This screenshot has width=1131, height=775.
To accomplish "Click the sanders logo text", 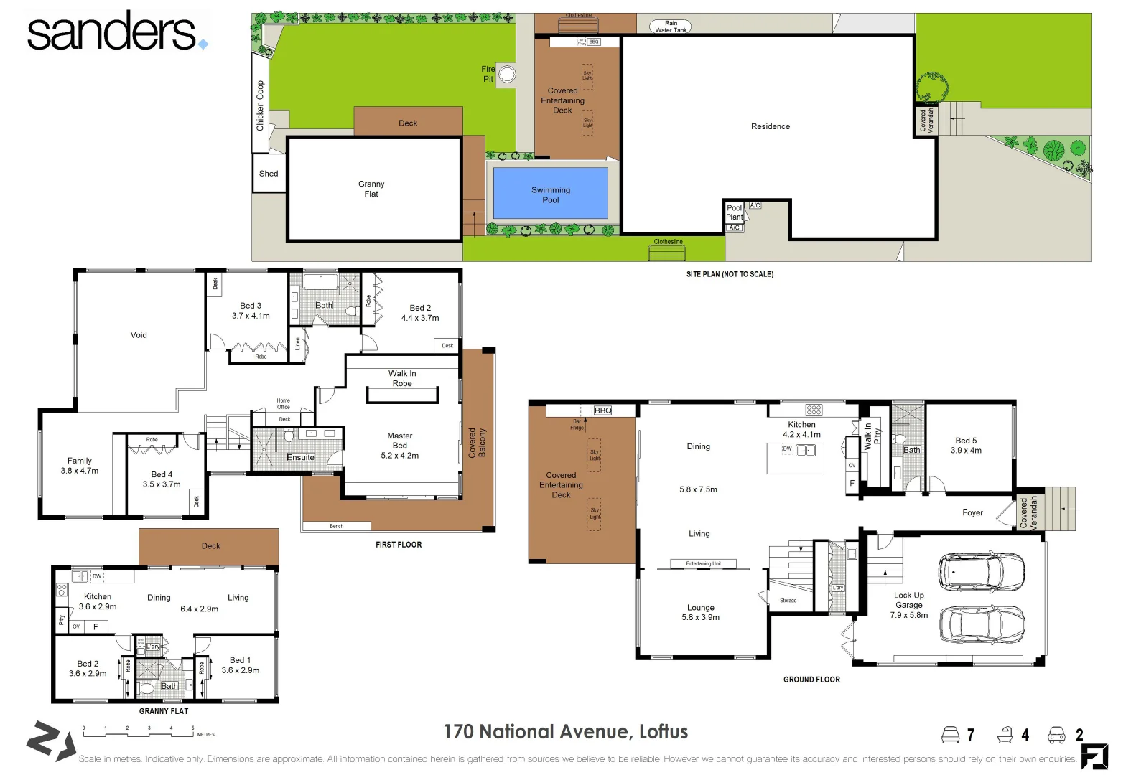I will coord(111,32).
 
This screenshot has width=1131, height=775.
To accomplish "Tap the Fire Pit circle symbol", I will coord(507,74).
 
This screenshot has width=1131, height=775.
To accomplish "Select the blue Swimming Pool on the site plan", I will coord(551,194).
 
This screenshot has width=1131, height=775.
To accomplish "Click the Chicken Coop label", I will coord(260,105).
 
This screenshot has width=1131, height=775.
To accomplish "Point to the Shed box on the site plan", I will coord(269,174).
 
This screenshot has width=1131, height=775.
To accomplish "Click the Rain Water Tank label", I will coord(671,27).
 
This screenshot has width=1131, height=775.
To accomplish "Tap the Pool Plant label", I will coord(734,212).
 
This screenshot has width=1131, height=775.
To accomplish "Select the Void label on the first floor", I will coord(139,335).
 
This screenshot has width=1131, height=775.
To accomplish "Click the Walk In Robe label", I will coord(402,378).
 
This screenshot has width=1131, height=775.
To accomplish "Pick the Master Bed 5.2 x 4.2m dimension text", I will coord(399,456).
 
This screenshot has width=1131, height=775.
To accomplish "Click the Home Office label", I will coord(284,404).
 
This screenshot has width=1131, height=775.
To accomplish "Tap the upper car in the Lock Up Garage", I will coord(981,572).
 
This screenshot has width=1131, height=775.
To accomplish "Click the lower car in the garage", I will coord(981,626).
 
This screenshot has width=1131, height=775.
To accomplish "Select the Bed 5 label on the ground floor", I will coord(966,441).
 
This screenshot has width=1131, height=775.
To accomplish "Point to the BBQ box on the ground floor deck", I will coord(603,410).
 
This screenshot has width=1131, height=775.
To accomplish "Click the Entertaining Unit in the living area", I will coord(703,564).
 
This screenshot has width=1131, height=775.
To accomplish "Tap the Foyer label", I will coord(972,512).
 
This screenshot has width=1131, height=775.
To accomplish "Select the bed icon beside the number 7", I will coord(950,735).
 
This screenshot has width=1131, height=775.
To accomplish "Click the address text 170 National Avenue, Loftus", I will coord(565,732).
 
